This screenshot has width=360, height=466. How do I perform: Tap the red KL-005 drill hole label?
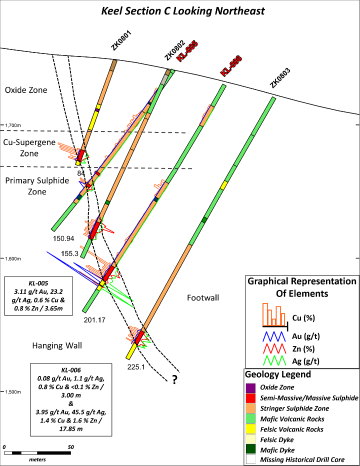pyautogui.click(x=188, y=51)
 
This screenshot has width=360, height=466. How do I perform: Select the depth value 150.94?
pyautogui.click(x=63, y=238)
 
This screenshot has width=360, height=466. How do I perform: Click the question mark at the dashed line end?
pyautogui.click(x=174, y=380)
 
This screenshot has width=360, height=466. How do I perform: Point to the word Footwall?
pyautogui.click(x=203, y=298)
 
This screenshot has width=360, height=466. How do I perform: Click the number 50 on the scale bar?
pyautogui.click(x=70, y=447)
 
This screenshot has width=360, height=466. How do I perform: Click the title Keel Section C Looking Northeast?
pyautogui.click(x=183, y=10)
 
